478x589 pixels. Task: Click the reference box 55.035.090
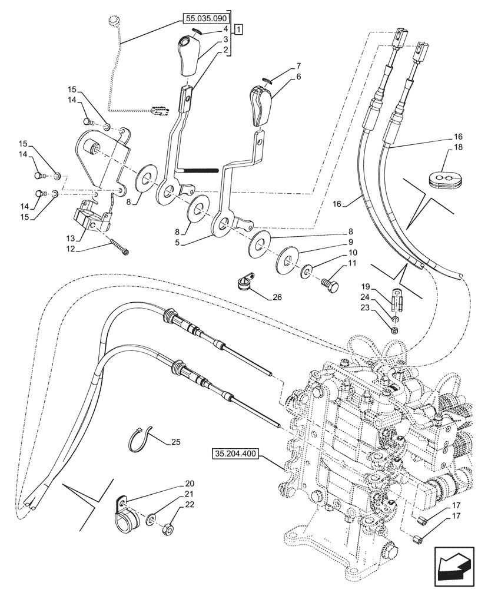[205, 19]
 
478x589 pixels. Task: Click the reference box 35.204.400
[234, 455]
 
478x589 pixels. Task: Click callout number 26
[277, 297]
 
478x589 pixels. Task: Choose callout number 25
[175, 441]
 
